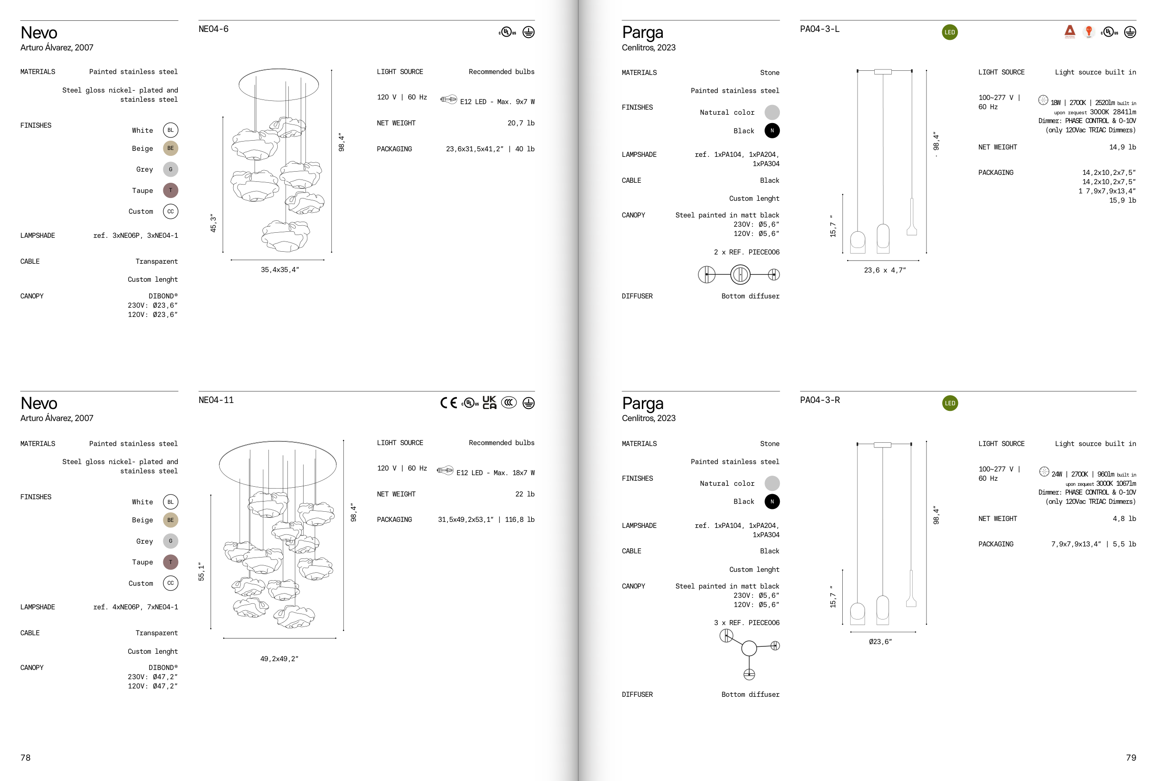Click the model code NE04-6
(213, 29)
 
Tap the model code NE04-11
(216, 400)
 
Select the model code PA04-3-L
(820, 29)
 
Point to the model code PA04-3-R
(820, 400)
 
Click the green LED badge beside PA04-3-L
(949, 32)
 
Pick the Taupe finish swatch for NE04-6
(170, 190)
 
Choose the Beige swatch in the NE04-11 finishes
(170, 520)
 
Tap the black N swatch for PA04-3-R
(771, 501)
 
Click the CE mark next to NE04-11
(448, 403)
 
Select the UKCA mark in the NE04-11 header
(489, 402)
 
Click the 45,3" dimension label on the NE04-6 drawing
(213, 223)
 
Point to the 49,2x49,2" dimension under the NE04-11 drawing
(279, 658)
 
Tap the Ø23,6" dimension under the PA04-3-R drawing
(880, 642)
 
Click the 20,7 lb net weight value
(521, 123)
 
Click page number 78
(25, 757)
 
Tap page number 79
(1131, 757)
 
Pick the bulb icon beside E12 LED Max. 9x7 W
(448, 99)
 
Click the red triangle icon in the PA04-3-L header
(1070, 31)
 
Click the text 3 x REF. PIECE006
(746, 622)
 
